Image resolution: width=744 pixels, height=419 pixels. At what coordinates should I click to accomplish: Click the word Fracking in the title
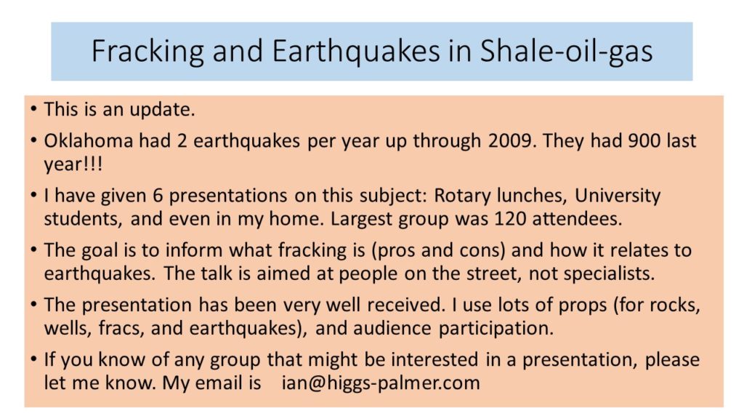click(x=147, y=52)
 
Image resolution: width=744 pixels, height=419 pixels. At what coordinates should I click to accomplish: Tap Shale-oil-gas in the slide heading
click(x=567, y=52)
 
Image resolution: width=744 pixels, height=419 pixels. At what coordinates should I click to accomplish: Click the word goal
click(x=100, y=250)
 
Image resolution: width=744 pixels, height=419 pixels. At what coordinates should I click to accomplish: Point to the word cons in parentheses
click(x=485, y=250)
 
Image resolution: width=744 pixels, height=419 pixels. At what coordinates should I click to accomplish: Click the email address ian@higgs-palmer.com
click(x=381, y=383)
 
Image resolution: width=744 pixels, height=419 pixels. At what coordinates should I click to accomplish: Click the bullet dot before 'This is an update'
click(x=33, y=109)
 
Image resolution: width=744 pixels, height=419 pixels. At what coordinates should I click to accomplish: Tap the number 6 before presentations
click(x=158, y=196)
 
